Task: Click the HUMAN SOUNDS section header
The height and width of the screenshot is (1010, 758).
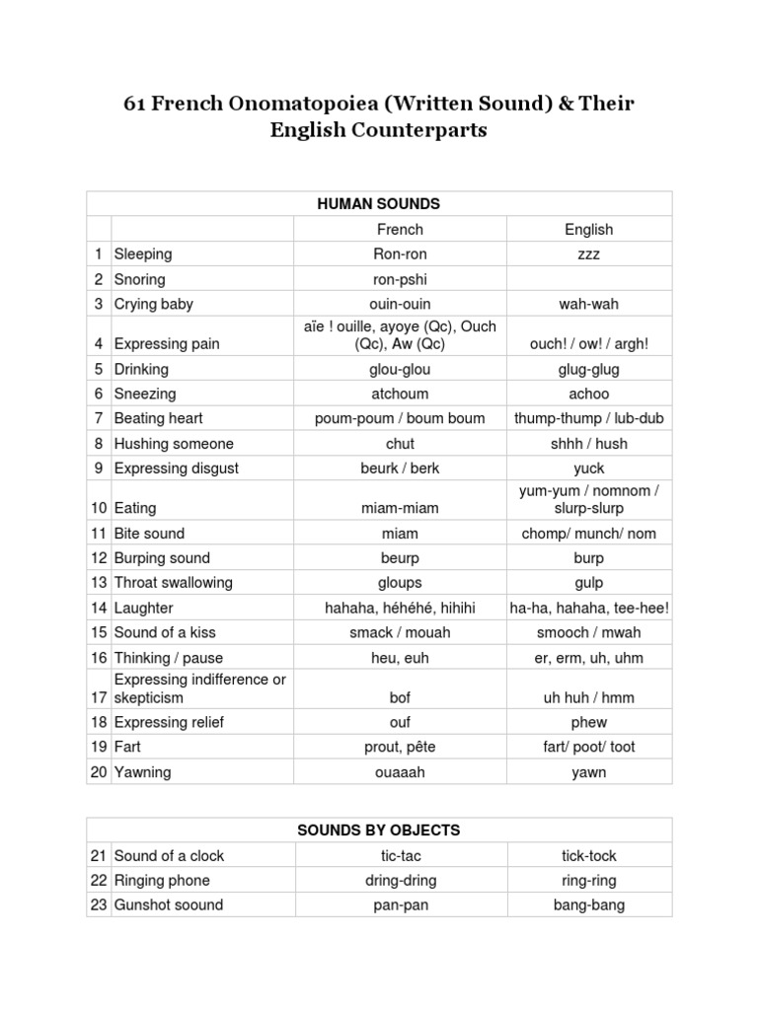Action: pyautogui.click(x=378, y=204)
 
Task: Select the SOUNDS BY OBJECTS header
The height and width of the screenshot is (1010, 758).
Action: pyautogui.click(x=378, y=830)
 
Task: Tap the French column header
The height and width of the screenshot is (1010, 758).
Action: pyautogui.click(x=400, y=229)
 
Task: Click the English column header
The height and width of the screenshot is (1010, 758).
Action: pyautogui.click(x=588, y=229)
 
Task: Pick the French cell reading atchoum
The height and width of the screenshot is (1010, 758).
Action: pyautogui.click(x=400, y=394)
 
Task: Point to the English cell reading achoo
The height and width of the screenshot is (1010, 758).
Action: pyautogui.click(x=588, y=394)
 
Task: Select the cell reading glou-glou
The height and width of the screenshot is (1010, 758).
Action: pyautogui.click(x=400, y=369)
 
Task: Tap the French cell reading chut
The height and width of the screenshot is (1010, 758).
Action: pyautogui.click(x=400, y=444)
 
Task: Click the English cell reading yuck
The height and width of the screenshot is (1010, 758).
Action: pyautogui.click(x=588, y=469)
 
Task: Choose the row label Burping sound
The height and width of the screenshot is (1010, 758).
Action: pyautogui.click(x=162, y=558)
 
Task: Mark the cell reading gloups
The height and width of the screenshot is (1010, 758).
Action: pyautogui.click(x=400, y=583)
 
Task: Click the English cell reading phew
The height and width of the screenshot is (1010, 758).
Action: pyautogui.click(x=588, y=722)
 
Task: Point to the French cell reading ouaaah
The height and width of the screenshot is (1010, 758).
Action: pyautogui.click(x=400, y=772)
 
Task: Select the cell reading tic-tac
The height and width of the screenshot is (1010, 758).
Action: pyautogui.click(x=400, y=856)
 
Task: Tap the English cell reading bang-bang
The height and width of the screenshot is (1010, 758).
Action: pyautogui.click(x=588, y=905)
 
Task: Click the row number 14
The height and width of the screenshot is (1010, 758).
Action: pyautogui.click(x=98, y=608)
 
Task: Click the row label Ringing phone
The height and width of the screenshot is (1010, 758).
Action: pyautogui.click(x=162, y=881)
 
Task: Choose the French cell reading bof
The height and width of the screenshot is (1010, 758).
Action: pyautogui.click(x=400, y=697)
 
